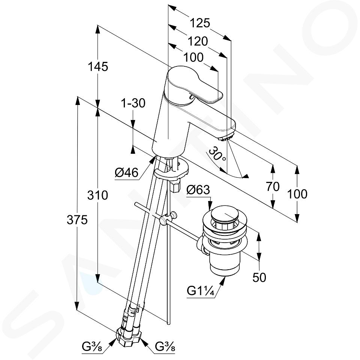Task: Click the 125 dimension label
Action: pyautogui.click(x=200, y=23)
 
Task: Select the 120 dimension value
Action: pyautogui.click(x=198, y=42)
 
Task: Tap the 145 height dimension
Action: pyautogui.click(x=98, y=67)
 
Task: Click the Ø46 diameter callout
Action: pyautogui.click(x=127, y=172)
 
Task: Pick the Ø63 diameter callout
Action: pyautogui.click(x=198, y=190)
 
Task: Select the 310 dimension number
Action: pyautogui.click(x=97, y=195)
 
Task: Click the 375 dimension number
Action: pyautogui.click(x=77, y=220)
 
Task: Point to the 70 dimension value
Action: pyautogui.click(x=273, y=186)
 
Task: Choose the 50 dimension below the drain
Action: pyautogui.click(x=259, y=277)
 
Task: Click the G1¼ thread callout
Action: pyautogui.click(x=201, y=291)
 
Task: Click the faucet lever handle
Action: pyautogui.click(x=195, y=85)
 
